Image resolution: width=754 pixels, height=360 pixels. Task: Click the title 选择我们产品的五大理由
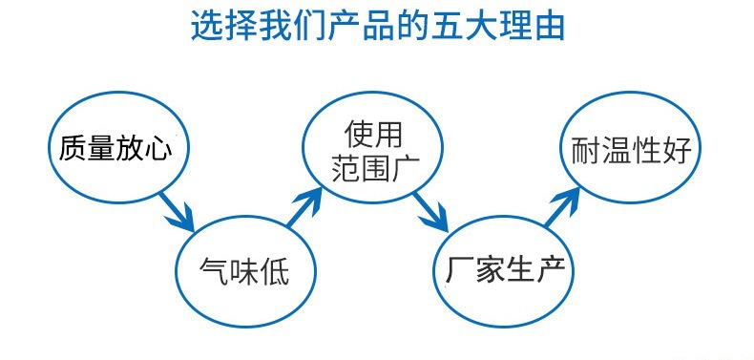(377, 26)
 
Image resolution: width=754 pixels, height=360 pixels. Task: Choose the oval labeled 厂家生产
(506, 269)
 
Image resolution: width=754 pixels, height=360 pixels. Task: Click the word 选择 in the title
(226, 26)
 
